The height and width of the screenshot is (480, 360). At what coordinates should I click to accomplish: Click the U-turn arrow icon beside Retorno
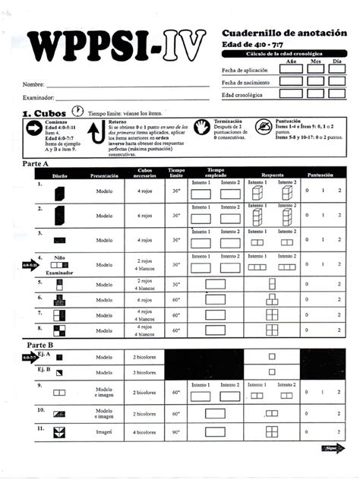coord(97,134)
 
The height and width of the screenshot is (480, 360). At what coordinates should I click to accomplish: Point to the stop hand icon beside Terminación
coord(202,127)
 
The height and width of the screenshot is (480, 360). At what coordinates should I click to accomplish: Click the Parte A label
coord(36,164)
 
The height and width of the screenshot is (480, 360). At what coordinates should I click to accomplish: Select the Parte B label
coord(36,344)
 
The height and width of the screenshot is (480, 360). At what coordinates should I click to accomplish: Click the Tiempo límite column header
coord(176,173)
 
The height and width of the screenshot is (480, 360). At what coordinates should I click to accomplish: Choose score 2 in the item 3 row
coord(339,240)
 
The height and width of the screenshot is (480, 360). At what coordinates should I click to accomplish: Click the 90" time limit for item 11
coord(176,432)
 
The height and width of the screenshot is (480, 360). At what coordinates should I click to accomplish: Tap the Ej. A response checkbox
coord(272,357)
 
